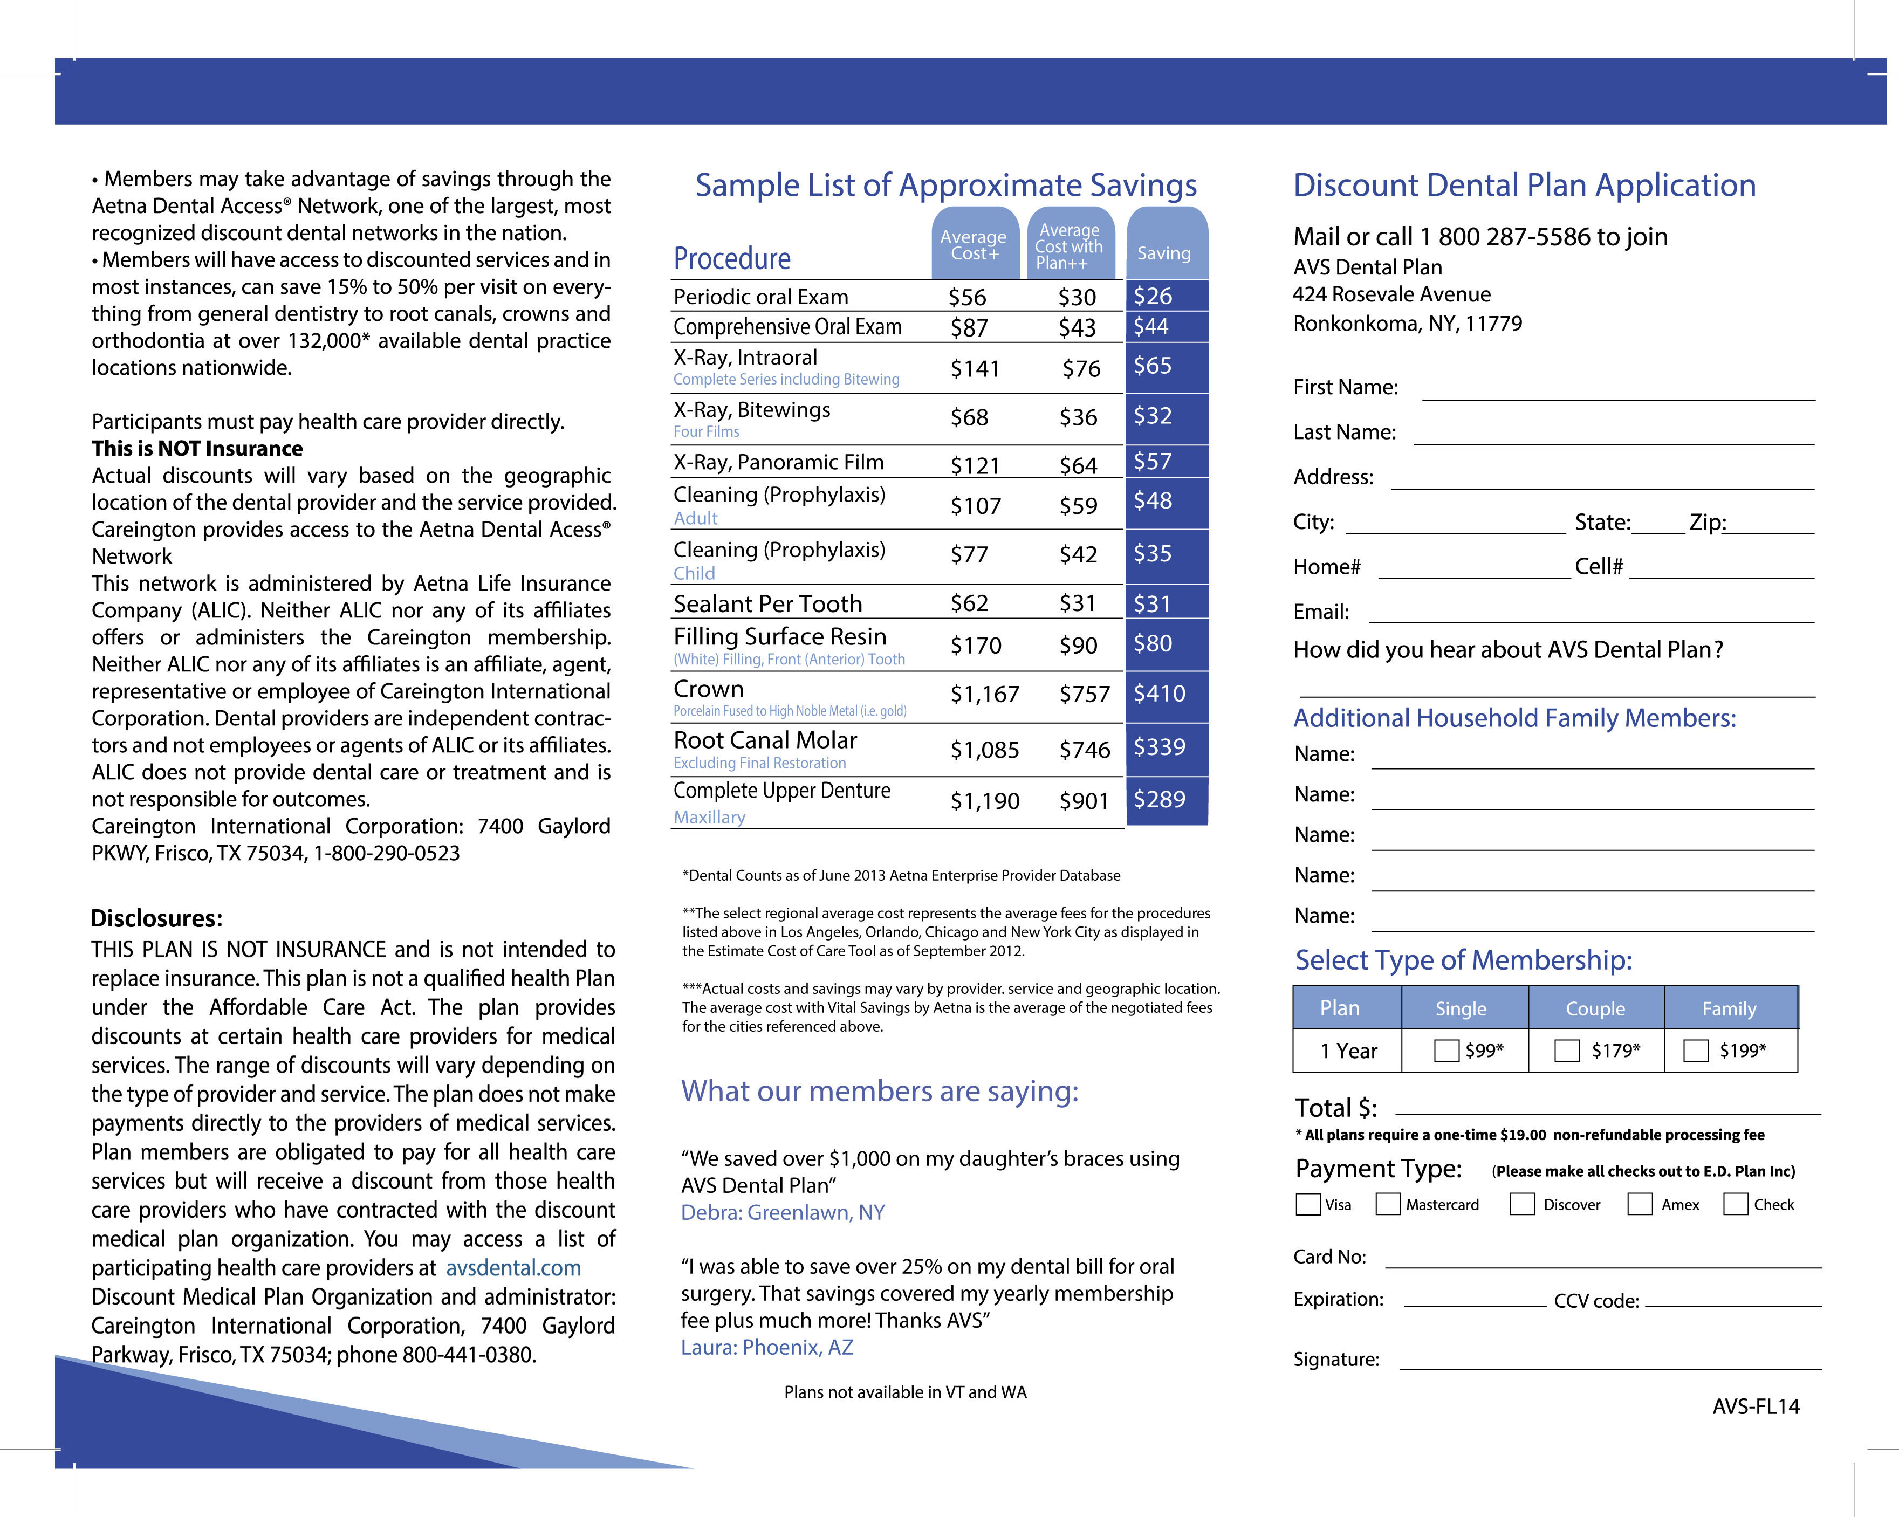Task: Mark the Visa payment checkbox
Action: coord(1308,1204)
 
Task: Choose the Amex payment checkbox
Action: coord(1639,1204)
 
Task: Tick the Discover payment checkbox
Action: coord(1522,1204)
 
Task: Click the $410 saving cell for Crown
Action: coord(1160,694)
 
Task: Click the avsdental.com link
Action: coord(513,1268)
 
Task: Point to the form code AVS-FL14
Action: coord(1756,1407)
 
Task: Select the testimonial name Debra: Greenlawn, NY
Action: coord(782,1212)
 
